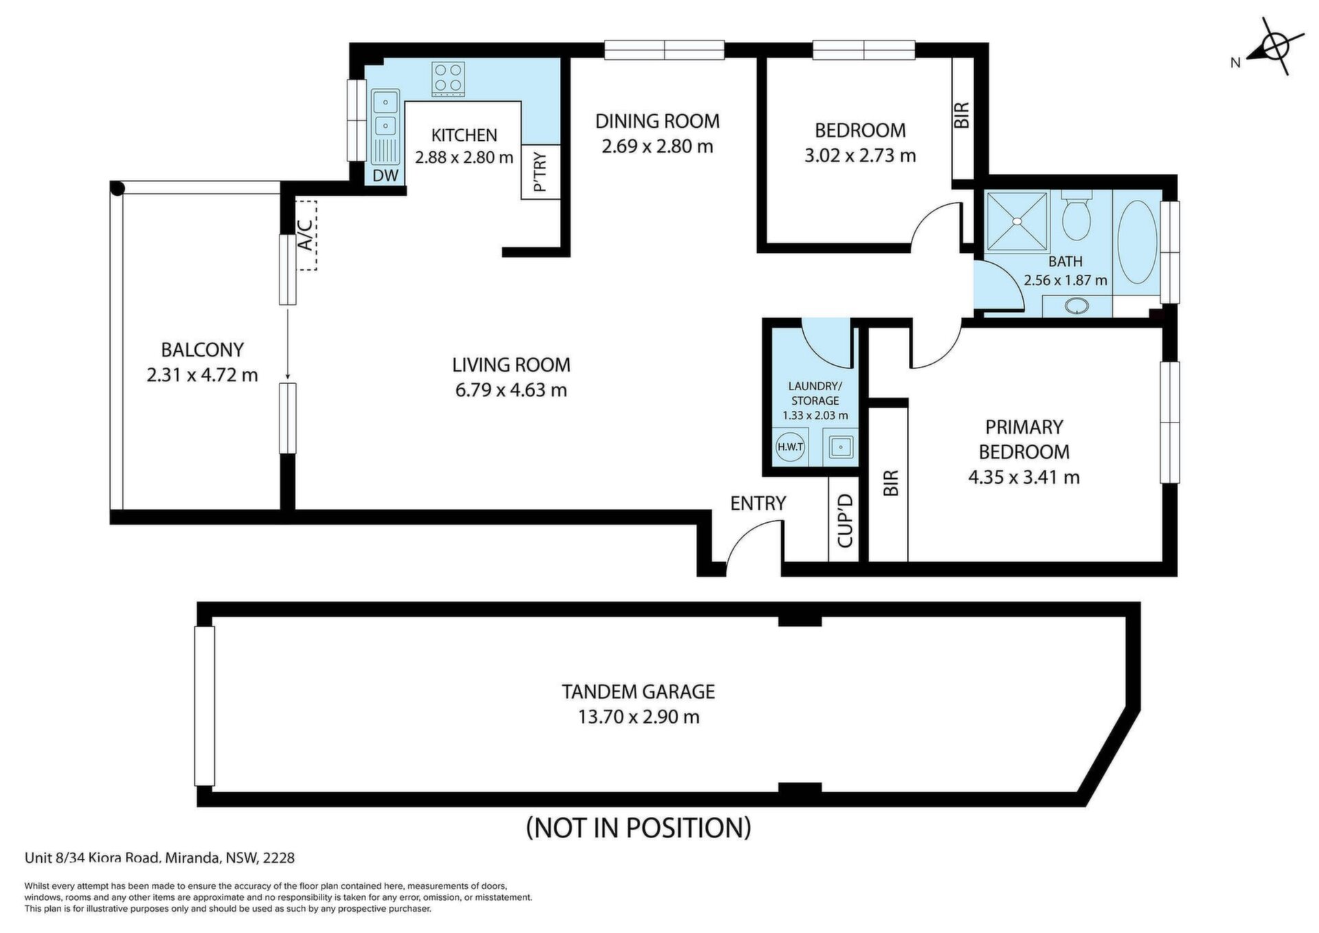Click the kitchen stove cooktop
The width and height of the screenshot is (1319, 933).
448,79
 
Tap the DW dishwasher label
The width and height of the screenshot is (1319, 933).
385,176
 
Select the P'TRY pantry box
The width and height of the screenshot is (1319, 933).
541,172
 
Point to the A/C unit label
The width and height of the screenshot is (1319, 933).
306,234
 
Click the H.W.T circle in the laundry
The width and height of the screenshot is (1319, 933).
790,447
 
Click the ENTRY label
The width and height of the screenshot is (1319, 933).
758,504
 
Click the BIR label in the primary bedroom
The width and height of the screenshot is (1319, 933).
890,483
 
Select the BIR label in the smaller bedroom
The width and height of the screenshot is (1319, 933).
962,115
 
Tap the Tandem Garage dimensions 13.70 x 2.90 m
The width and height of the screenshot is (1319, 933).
639,717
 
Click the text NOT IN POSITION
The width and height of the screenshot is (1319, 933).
639,827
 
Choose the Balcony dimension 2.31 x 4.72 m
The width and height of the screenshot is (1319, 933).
203,375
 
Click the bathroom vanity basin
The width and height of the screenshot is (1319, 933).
1076,306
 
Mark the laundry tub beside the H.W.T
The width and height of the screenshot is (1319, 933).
840,447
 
